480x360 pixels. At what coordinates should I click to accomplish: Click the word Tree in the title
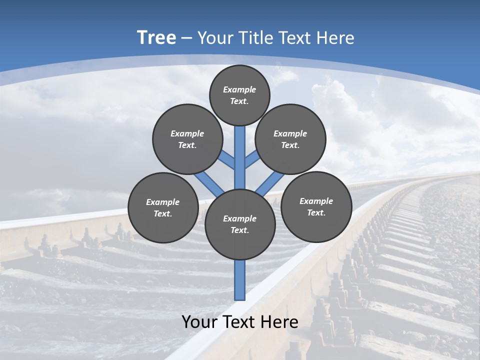click(156, 38)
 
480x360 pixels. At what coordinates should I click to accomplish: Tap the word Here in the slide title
click(336, 38)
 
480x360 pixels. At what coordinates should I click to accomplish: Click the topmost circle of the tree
click(239, 95)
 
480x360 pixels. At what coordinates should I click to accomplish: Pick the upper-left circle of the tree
click(187, 139)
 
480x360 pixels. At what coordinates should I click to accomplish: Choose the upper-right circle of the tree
click(290, 139)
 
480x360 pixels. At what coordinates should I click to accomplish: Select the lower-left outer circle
click(163, 207)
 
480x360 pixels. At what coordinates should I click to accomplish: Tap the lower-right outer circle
click(316, 206)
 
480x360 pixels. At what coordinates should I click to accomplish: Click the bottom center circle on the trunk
click(240, 224)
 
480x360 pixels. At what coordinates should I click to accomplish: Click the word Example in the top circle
click(239, 89)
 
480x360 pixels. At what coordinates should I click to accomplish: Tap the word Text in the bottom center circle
click(239, 230)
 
